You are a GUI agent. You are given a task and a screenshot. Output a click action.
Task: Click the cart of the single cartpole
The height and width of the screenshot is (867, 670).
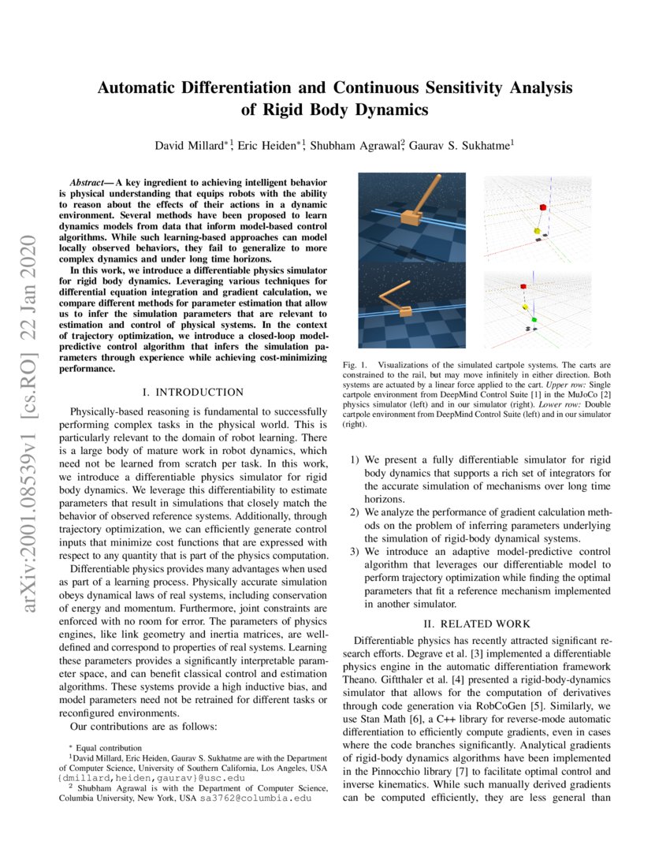tap(412, 217)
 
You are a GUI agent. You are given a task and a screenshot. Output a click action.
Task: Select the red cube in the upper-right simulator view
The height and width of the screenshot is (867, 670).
tap(542, 207)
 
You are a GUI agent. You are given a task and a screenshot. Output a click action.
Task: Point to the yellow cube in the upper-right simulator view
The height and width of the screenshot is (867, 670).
tap(537, 231)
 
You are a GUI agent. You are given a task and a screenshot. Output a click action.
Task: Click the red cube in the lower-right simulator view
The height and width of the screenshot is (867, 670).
tap(523, 287)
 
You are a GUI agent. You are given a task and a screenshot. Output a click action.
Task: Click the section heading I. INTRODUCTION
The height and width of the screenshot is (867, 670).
tap(192, 392)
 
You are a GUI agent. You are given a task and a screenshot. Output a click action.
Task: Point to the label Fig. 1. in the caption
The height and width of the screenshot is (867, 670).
tap(353, 365)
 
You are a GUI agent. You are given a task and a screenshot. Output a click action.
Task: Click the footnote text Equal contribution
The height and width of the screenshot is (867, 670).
tap(110, 747)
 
